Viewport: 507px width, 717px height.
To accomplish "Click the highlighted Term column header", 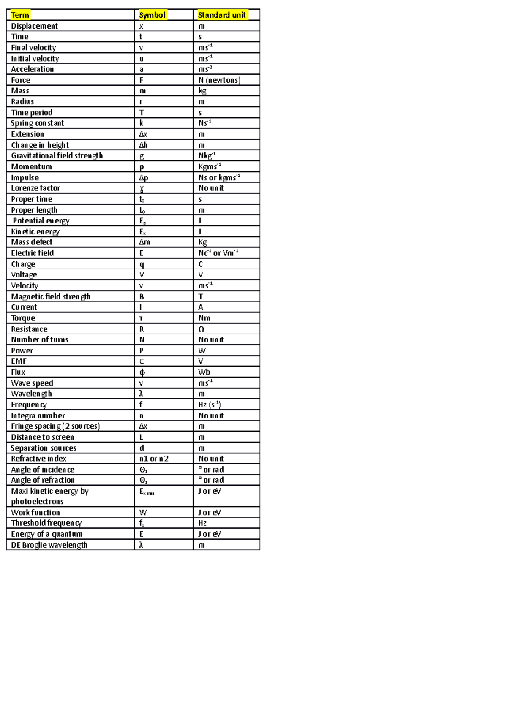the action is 20,15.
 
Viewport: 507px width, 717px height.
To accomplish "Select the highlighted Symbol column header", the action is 152,15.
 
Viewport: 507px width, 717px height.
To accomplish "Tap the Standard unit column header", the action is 222,15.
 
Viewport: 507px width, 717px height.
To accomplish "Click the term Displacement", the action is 34,26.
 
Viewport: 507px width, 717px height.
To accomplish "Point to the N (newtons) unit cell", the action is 219,80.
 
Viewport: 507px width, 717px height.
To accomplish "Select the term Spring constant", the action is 38,123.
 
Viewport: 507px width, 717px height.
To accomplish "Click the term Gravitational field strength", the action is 57,156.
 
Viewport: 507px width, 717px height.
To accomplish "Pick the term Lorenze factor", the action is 35,188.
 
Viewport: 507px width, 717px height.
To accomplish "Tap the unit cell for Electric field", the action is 218,253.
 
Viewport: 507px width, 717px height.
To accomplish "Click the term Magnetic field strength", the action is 51,296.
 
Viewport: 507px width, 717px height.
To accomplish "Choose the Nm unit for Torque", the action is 204,318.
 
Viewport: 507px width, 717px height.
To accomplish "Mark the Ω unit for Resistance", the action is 202,329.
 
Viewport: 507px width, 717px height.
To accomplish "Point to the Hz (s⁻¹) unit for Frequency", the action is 210,405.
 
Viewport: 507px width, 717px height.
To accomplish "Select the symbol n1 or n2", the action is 154,459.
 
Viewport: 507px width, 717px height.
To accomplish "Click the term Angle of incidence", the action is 43,470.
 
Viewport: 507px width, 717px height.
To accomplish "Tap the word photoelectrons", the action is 37,502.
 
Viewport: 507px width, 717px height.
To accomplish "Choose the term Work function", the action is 35,513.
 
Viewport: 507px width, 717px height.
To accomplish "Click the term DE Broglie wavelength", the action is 49,545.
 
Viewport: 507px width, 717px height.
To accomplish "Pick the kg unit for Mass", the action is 202,91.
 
